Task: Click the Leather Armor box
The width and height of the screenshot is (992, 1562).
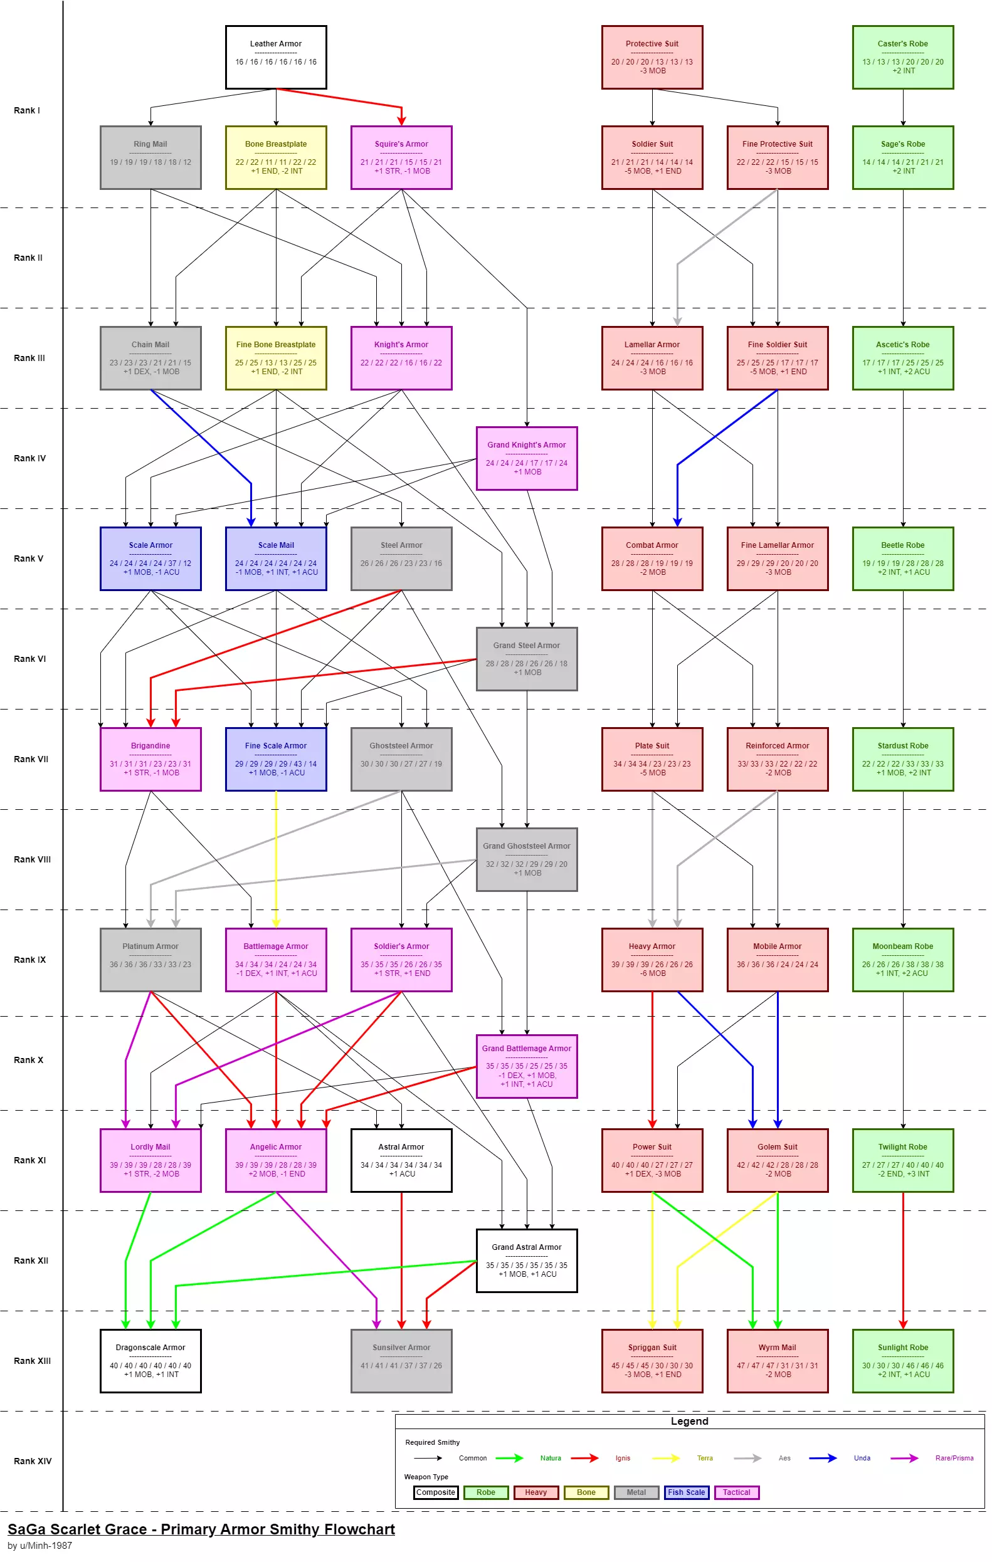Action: pyautogui.click(x=276, y=57)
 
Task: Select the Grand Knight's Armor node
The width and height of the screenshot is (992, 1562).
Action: pyautogui.click(x=526, y=458)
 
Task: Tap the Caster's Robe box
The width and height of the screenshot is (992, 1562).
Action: pyautogui.click(x=902, y=57)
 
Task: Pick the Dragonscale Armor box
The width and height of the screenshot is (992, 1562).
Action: pyautogui.click(x=150, y=1360)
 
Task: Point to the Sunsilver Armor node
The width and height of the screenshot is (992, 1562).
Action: pyautogui.click(x=401, y=1360)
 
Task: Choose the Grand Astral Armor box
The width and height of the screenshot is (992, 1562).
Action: pyautogui.click(x=526, y=1261)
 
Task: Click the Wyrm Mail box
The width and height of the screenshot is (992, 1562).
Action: pyautogui.click(x=778, y=1360)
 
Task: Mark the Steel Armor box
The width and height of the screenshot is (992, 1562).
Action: pyautogui.click(x=401, y=558)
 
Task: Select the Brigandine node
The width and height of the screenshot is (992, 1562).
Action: pyautogui.click(x=150, y=759)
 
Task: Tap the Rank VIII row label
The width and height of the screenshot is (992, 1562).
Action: pyautogui.click(x=33, y=859)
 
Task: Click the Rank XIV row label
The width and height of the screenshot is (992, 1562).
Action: pyautogui.click(x=33, y=1461)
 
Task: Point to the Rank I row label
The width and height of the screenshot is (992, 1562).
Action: pyautogui.click(x=26, y=110)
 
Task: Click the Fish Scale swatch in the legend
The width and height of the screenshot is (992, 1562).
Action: pyautogui.click(x=686, y=1492)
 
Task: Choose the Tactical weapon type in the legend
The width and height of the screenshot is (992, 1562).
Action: pyautogui.click(x=736, y=1492)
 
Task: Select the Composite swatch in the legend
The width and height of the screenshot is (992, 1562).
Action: pyautogui.click(x=435, y=1492)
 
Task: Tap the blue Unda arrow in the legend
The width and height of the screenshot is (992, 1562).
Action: pyautogui.click(x=823, y=1458)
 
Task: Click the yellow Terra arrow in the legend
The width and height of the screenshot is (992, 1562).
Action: pyautogui.click(x=666, y=1458)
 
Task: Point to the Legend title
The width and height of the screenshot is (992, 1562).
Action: pyautogui.click(x=689, y=1421)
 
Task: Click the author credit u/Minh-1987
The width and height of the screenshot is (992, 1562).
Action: pyautogui.click(x=40, y=1545)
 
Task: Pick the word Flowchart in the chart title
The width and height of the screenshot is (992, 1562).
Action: pyautogui.click(x=359, y=1529)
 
